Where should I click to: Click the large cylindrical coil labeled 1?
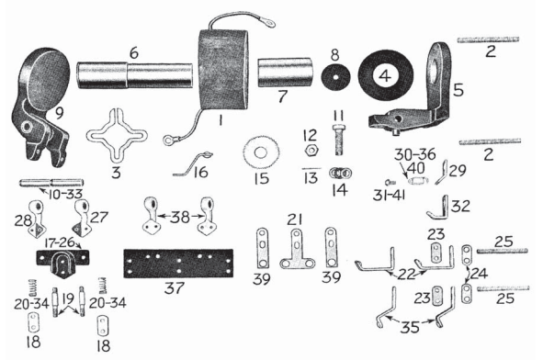[224, 72]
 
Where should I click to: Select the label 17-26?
[58, 244]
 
